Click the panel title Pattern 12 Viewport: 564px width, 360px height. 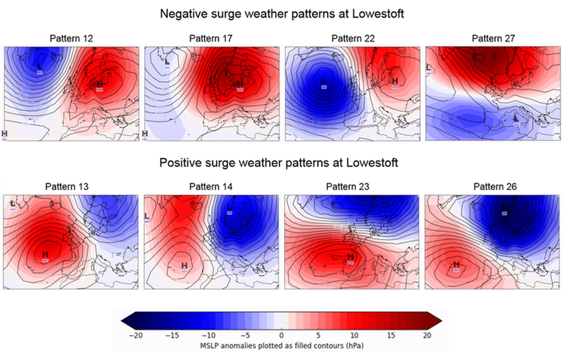pyautogui.click(x=71, y=38)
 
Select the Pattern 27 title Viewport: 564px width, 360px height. pyautogui.click(x=493, y=38)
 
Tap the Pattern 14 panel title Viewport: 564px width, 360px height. pyautogui.click(x=212, y=186)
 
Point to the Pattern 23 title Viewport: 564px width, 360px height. pyautogui.click(x=352, y=186)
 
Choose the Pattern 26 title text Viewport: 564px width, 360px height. pyautogui.click(x=493, y=186)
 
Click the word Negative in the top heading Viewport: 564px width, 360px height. pyautogui.click(x=187, y=14)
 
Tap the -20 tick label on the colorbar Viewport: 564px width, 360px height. pyautogui.click(x=137, y=335)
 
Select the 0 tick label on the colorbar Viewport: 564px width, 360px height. pyautogui.click(x=282, y=335)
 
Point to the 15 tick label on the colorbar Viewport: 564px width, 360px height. pyautogui.click(x=390, y=335)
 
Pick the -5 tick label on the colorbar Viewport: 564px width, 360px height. pyautogui.click(x=245, y=335)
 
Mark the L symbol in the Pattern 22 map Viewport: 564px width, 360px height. pyautogui.click(x=323, y=81)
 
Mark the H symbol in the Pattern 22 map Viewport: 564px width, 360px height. pyautogui.click(x=394, y=81)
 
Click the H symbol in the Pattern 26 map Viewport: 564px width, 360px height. pyautogui.click(x=456, y=264)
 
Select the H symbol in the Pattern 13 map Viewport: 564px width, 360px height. pyautogui.click(x=46, y=254)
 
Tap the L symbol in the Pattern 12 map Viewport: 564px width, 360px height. pyautogui.click(x=40, y=66)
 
